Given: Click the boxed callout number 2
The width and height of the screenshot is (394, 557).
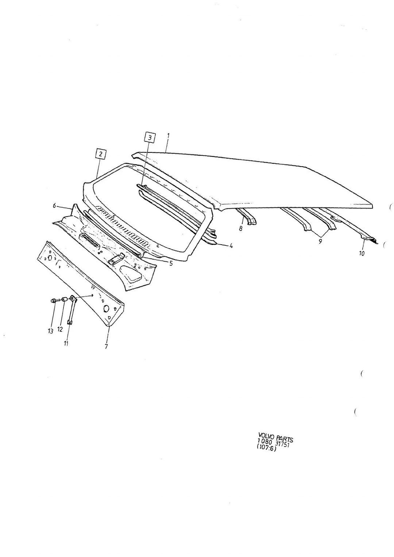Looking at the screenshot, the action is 100,154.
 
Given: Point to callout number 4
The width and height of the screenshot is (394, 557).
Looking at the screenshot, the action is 231,246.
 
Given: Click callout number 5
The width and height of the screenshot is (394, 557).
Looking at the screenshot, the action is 171,263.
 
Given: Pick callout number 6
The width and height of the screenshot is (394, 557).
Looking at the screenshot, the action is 55,205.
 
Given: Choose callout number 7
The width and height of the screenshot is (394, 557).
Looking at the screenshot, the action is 106,346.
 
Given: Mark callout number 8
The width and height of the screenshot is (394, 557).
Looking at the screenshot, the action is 241,228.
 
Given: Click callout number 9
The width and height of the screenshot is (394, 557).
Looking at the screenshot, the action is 320,241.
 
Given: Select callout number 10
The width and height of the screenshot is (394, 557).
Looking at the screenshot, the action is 362,253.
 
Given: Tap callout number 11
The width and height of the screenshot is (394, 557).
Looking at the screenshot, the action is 66,343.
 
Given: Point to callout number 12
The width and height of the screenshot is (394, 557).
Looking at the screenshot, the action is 60,329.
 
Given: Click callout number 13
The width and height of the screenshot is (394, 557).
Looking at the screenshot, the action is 50,331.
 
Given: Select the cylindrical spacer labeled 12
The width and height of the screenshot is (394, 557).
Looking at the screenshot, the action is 64,299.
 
